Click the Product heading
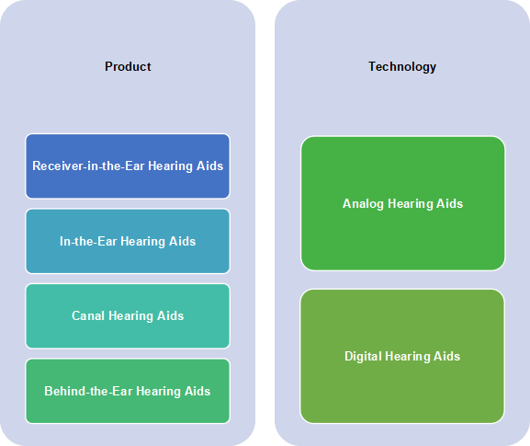click(128, 66)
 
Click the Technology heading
click(402, 67)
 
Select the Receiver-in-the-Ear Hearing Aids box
click(128, 166)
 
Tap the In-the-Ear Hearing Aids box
click(128, 241)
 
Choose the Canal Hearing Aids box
click(128, 316)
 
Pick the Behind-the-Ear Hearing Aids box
click(128, 391)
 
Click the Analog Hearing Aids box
click(403, 203)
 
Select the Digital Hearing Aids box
click(402, 356)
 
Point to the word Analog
click(363, 204)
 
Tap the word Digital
click(363, 357)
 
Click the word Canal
click(88, 316)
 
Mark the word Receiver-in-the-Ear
click(88, 166)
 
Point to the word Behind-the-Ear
click(88, 391)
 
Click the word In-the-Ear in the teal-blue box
click(88, 241)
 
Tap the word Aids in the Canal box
click(171, 316)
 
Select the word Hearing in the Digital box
click(407, 357)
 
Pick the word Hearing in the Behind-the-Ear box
click(158, 392)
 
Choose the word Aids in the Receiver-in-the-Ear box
click(210, 166)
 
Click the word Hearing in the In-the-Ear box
click(143, 242)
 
